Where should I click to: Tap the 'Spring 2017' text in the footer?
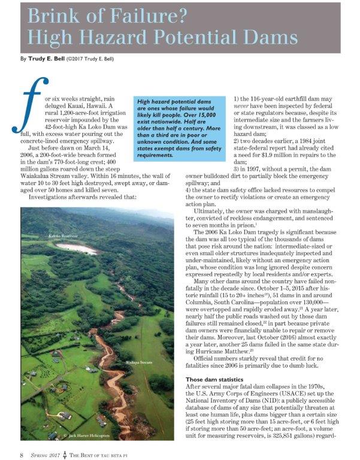click(49, 453)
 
